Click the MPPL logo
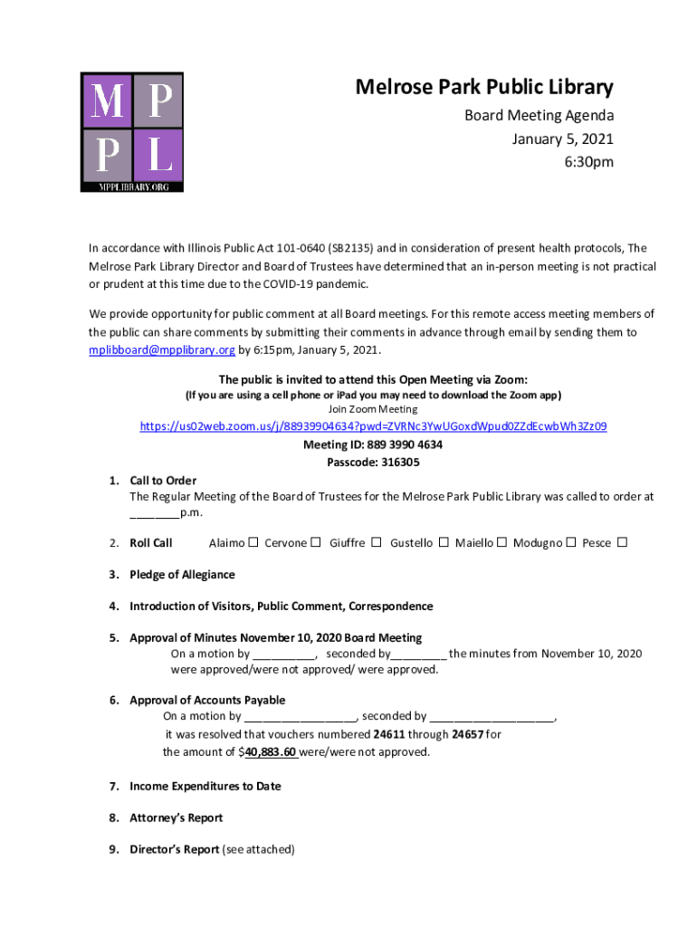coord(132,131)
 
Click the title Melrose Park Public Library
coord(483,88)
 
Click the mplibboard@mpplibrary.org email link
coord(162,349)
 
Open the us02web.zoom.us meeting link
coord(373,426)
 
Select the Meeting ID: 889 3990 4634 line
coord(373,444)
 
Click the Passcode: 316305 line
coord(373,462)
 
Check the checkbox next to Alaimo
coord(253,542)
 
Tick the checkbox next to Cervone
coord(316,542)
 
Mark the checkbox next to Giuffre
coord(376,542)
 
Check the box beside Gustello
coord(444,542)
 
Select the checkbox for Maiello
coord(501,542)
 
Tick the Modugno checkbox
coord(570,542)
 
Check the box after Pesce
coord(622,542)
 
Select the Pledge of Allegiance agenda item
coord(182,574)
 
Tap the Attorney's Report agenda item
coord(176,817)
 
